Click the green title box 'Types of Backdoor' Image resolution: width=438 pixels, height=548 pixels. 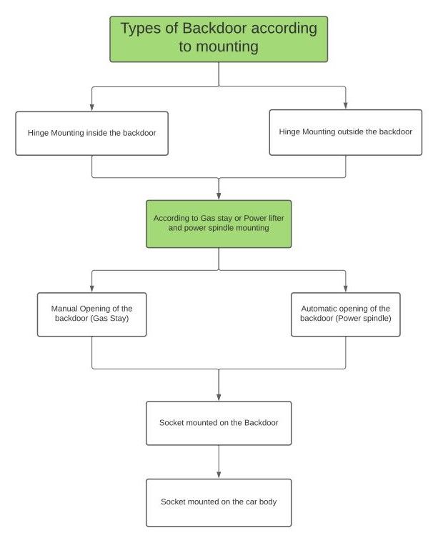(x=219, y=39)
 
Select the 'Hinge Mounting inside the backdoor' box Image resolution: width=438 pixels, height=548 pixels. (x=92, y=133)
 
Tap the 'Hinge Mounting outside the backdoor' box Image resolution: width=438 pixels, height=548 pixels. (x=345, y=132)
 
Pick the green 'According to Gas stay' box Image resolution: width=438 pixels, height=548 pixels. (x=219, y=224)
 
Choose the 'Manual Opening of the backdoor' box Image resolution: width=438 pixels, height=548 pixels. (x=92, y=314)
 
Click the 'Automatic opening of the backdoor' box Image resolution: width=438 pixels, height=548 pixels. (x=346, y=314)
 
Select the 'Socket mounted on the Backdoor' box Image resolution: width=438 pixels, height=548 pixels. (x=219, y=423)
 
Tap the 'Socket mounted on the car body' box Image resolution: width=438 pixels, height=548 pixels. (x=219, y=502)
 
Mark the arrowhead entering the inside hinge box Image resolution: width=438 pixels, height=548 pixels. (x=92, y=107)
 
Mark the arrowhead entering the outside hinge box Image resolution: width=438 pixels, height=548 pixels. (x=346, y=106)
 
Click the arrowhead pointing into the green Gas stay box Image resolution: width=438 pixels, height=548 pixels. (x=219, y=196)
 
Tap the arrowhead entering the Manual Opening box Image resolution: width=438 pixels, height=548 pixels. (x=92, y=289)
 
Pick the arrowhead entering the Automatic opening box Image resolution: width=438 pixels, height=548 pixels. (x=346, y=289)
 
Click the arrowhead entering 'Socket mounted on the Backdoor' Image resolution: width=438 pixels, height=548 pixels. (x=219, y=397)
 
